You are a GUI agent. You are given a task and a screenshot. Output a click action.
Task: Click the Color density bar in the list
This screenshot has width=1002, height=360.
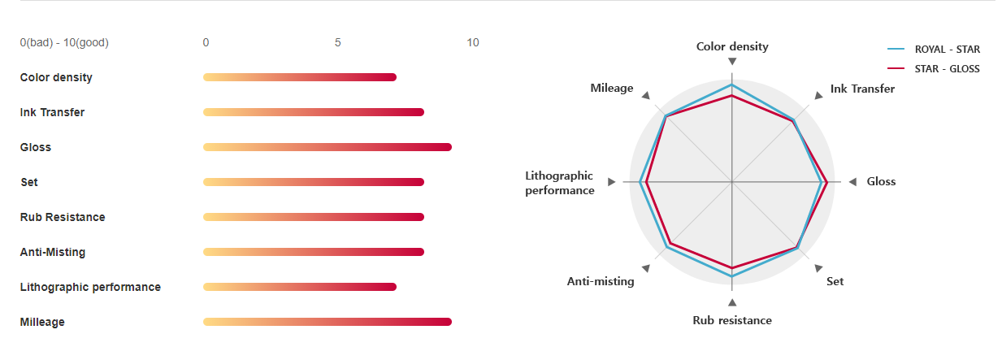pyautogui.click(x=299, y=77)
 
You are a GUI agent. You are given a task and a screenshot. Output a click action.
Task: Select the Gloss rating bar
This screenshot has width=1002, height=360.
pyautogui.click(x=327, y=147)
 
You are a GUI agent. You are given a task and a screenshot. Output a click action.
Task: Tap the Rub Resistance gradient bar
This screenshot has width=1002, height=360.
pyautogui.click(x=313, y=217)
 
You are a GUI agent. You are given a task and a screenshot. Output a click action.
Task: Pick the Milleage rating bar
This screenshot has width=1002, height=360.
pyautogui.click(x=327, y=322)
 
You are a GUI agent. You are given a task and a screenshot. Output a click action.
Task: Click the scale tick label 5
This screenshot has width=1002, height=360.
pyautogui.click(x=337, y=42)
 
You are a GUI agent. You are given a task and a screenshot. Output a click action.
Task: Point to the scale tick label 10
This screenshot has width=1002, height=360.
pyautogui.click(x=473, y=42)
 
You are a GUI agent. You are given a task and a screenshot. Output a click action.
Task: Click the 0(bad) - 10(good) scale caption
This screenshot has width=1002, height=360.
pyautogui.click(x=64, y=42)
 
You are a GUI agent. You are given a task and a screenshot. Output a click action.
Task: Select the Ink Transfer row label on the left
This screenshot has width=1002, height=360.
pyautogui.click(x=52, y=112)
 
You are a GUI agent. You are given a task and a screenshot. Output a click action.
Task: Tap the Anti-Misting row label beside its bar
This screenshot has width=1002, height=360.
pyautogui.click(x=53, y=252)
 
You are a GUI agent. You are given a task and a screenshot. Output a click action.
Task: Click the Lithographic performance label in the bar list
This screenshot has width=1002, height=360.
pyautogui.click(x=90, y=287)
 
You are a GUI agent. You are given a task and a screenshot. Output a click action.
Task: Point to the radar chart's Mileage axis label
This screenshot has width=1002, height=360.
pyautogui.click(x=612, y=88)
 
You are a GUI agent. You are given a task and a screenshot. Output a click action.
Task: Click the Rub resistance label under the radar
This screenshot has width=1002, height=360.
pyautogui.click(x=732, y=320)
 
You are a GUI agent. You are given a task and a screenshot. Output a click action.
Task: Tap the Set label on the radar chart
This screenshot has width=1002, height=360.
pyautogui.click(x=835, y=281)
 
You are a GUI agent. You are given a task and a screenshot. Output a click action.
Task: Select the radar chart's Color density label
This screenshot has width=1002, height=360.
pyautogui.click(x=732, y=46)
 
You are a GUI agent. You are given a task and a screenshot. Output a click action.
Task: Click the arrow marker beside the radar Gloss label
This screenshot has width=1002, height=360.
pyautogui.click(x=852, y=182)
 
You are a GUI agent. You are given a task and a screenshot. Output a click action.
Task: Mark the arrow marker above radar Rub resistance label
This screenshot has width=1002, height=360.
pyautogui.click(x=732, y=302)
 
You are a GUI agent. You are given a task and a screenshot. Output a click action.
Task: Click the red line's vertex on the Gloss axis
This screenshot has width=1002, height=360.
pyautogui.click(x=826, y=182)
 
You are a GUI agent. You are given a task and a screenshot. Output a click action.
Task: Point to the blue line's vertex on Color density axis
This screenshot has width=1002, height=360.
pyautogui.click(x=732, y=85)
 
